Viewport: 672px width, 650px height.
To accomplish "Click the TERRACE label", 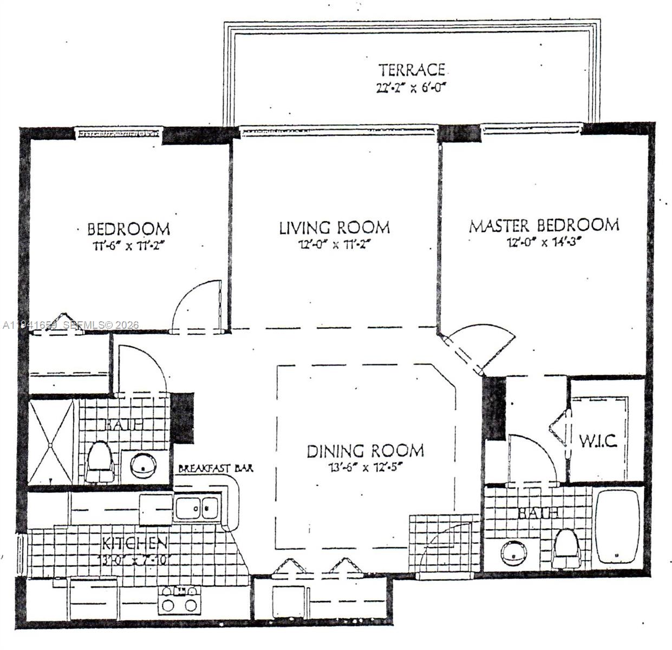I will click(x=412, y=70).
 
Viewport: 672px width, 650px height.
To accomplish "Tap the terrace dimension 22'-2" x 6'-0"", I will click(x=411, y=88).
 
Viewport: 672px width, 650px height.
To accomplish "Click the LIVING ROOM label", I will click(x=334, y=227).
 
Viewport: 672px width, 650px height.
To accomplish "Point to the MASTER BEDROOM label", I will click(x=544, y=225).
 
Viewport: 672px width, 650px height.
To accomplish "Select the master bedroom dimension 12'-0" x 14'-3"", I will click(x=544, y=242).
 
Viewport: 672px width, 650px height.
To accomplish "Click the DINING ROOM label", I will click(x=365, y=451).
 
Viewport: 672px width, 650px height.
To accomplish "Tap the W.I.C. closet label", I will click(x=598, y=441).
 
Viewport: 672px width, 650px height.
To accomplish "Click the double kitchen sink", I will click(x=197, y=508).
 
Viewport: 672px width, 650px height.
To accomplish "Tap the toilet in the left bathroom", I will click(x=100, y=462).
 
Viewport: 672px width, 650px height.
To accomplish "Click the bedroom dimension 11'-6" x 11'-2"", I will click(x=128, y=245).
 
